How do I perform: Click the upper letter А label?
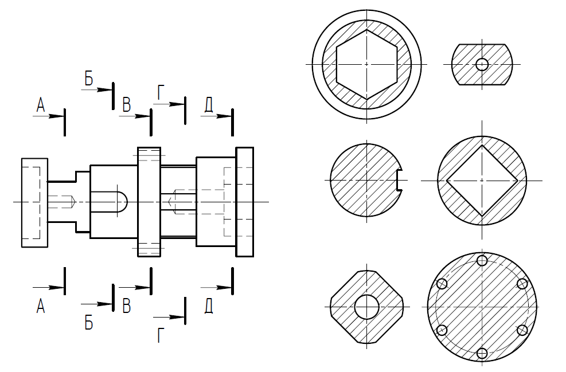click(41, 105)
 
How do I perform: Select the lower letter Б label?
click(89, 323)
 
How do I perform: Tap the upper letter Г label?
click(161, 93)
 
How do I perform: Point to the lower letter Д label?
click(209, 306)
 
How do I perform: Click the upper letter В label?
click(126, 105)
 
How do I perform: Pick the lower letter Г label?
click(161, 335)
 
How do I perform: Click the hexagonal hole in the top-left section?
click(367, 65)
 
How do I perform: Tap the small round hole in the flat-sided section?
click(482, 65)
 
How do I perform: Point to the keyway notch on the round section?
click(399, 180)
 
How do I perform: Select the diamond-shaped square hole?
click(482, 181)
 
